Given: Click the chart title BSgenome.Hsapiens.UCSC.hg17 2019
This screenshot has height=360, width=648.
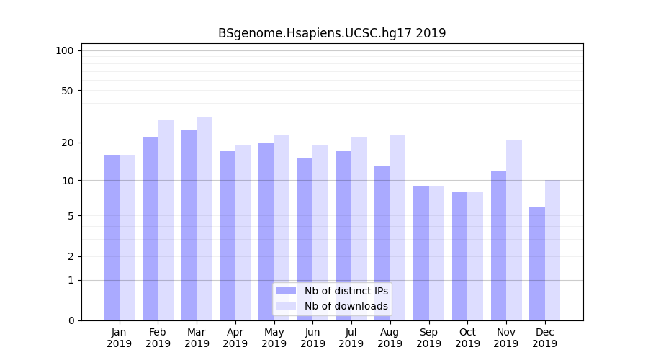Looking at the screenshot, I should pos(332,33).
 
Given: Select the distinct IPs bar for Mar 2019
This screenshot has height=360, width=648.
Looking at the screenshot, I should pos(189,225).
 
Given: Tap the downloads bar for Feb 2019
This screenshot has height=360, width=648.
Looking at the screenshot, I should pos(166,220).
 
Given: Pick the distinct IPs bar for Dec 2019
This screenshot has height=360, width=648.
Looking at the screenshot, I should pos(537,264).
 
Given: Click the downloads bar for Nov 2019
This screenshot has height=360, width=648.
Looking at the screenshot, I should pos(514,230).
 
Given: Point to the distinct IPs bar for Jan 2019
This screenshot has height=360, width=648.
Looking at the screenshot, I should pos(112,238).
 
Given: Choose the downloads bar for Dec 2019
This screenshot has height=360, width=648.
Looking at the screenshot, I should pos(553,250).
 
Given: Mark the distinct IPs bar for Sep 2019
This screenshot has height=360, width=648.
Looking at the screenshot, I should pos(421,253).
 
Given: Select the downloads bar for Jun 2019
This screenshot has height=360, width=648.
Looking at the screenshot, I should pos(320,233).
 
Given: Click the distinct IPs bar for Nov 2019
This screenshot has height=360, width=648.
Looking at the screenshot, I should pos(498,246).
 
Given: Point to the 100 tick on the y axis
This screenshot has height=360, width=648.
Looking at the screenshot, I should pos(65,50).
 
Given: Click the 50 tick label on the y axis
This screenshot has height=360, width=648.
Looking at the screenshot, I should pos(67,91).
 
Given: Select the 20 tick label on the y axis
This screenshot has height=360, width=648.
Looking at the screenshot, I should pos(67,143).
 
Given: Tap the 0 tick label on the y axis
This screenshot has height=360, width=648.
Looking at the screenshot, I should pos(70,320).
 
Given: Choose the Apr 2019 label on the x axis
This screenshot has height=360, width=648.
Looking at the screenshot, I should pos(235,338).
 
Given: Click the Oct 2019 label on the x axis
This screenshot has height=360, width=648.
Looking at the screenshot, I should pos(467,338).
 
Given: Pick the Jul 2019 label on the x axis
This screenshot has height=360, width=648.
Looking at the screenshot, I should pos(351,338).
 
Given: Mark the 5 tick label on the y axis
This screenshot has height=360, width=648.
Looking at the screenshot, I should pos(70,216).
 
